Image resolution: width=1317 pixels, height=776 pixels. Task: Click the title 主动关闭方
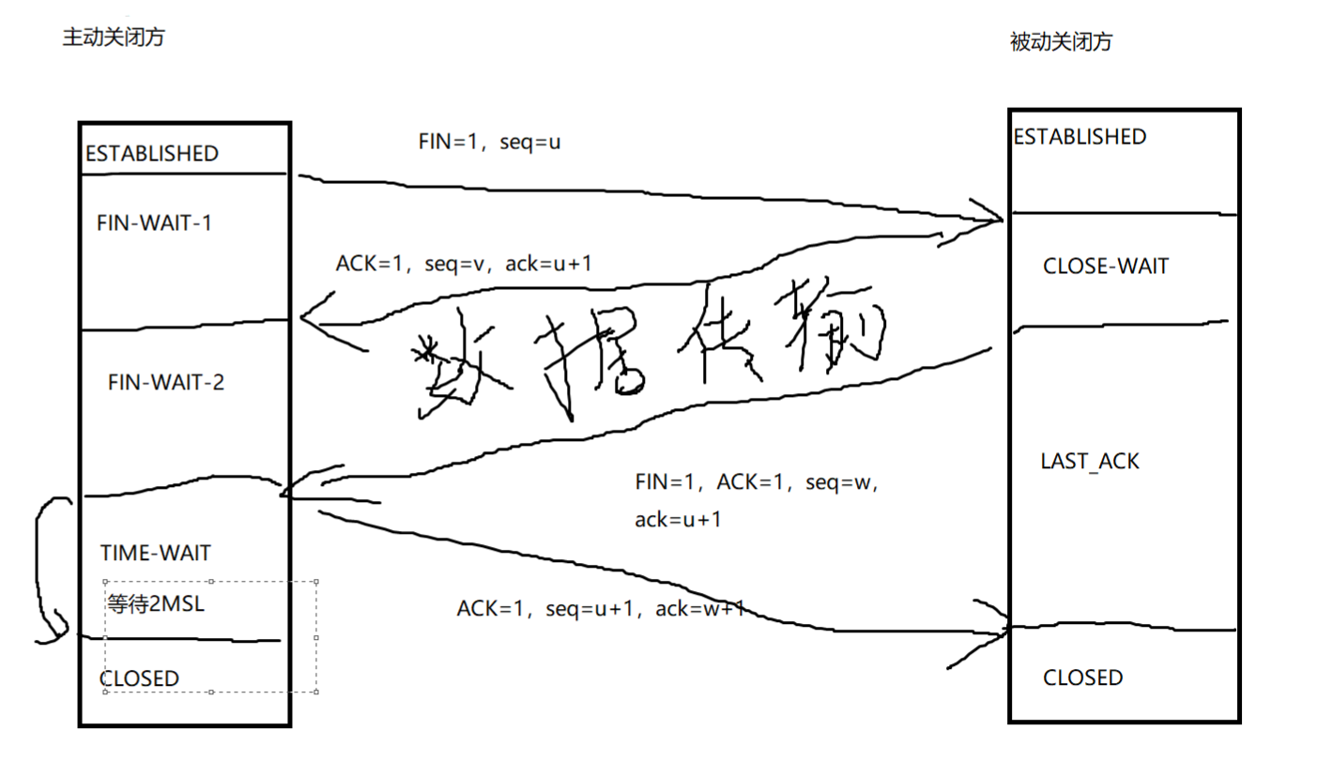click(x=113, y=38)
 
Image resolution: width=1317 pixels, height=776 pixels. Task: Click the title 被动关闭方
click(x=1061, y=41)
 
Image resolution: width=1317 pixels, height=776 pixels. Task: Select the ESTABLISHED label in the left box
click(x=152, y=154)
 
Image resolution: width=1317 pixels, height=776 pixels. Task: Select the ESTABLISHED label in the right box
click(x=1080, y=137)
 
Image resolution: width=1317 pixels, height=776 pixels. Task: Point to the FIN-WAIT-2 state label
click(x=166, y=383)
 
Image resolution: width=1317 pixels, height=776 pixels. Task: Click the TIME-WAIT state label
click(x=156, y=551)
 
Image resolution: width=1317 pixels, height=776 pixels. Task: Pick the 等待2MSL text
click(x=157, y=604)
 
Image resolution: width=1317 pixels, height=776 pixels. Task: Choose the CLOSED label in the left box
click(x=139, y=678)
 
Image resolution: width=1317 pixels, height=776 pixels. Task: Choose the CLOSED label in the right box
click(x=1082, y=677)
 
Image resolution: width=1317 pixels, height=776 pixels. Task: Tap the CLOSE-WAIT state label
click(x=1106, y=266)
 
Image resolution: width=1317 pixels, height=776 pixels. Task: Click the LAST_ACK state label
click(x=1090, y=462)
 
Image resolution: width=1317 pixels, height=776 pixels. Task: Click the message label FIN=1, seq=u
click(x=489, y=143)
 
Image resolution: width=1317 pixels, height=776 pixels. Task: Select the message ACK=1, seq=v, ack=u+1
click(x=464, y=265)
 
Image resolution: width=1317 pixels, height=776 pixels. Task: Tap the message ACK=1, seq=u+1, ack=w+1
click(x=601, y=608)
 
